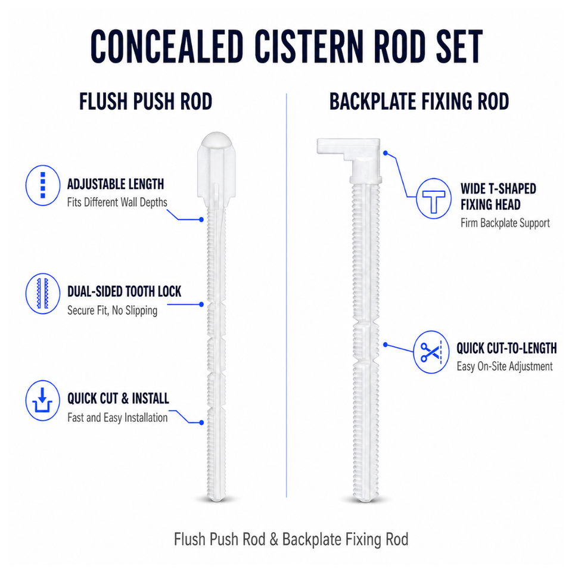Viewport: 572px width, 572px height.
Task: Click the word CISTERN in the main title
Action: (x=309, y=46)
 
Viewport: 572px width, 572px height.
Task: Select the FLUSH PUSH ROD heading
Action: (x=145, y=101)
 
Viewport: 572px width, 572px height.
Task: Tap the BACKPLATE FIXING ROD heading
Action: (x=419, y=101)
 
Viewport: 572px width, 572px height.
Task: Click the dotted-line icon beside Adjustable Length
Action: (x=43, y=185)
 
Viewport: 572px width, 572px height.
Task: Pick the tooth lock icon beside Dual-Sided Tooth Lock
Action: (x=43, y=294)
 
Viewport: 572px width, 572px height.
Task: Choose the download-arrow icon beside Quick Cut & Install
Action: (x=43, y=400)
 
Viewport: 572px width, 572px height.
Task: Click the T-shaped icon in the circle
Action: (x=434, y=199)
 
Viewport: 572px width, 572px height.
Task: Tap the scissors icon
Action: (x=431, y=352)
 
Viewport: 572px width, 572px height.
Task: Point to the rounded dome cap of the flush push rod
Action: (x=217, y=141)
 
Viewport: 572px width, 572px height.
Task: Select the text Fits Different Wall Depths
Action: (x=117, y=203)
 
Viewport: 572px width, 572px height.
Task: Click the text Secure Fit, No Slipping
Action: (x=113, y=310)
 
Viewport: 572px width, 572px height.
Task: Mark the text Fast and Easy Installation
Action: (x=117, y=418)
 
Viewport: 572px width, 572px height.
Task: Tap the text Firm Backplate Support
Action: (x=505, y=223)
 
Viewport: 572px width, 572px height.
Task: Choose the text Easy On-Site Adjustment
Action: (x=505, y=366)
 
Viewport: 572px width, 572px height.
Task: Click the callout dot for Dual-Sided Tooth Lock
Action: (x=201, y=304)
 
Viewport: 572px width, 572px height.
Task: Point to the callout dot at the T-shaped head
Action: (x=386, y=153)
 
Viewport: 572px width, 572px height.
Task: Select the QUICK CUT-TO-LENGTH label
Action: (x=506, y=349)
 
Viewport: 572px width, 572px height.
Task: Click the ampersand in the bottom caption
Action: (x=273, y=540)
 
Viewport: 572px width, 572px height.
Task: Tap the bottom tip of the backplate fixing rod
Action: (x=366, y=501)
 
